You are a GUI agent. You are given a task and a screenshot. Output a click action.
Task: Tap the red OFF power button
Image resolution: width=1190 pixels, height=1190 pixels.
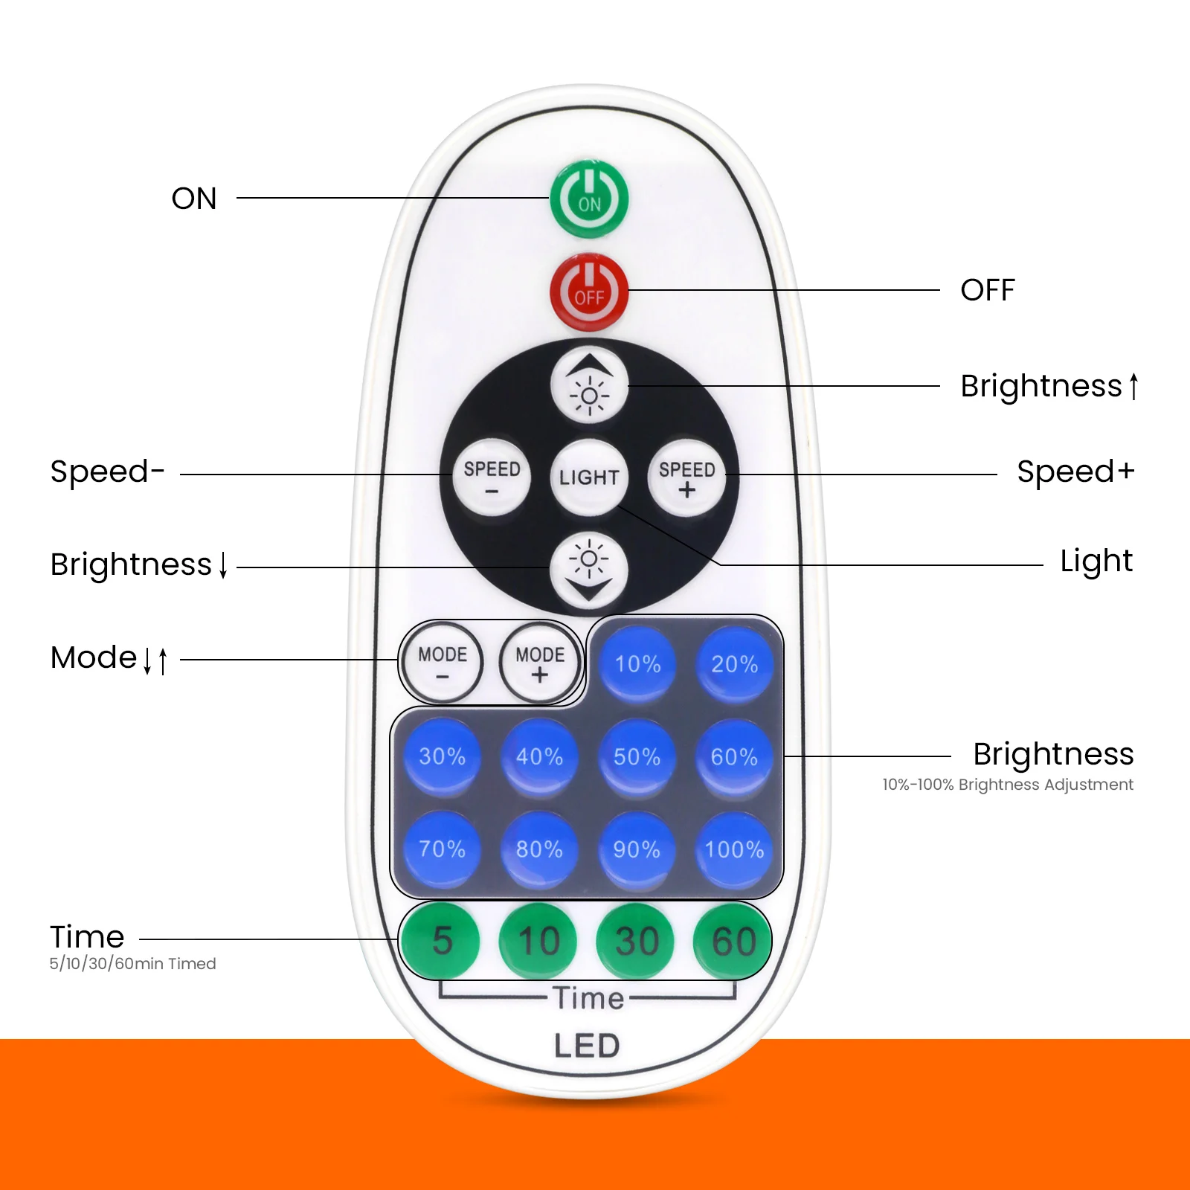pyautogui.click(x=589, y=292)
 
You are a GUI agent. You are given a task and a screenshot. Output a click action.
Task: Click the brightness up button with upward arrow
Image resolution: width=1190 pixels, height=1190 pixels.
pyautogui.click(x=589, y=385)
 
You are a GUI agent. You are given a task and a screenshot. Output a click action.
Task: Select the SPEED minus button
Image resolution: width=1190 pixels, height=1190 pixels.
pyautogui.click(x=492, y=477)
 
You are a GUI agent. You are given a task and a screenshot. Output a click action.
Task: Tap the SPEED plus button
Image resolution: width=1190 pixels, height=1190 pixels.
pyautogui.click(x=686, y=477)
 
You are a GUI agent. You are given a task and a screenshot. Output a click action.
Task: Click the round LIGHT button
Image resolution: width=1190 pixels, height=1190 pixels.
pyautogui.click(x=589, y=477)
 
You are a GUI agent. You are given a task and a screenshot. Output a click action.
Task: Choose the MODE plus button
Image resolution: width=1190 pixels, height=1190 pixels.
pyautogui.click(x=540, y=663)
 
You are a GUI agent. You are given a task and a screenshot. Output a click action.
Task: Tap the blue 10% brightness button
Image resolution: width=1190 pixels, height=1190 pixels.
pyautogui.click(x=637, y=663)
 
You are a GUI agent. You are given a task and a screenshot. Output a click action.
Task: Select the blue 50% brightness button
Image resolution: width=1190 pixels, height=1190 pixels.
pyautogui.click(x=637, y=756)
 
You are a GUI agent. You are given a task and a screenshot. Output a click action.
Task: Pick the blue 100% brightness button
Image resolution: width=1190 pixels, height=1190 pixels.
pyautogui.click(x=734, y=849)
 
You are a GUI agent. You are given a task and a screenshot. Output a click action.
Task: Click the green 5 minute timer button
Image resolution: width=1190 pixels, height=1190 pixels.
pyautogui.click(x=442, y=940)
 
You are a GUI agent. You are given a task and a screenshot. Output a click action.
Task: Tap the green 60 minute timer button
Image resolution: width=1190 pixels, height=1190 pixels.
pyautogui.click(x=733, y=940)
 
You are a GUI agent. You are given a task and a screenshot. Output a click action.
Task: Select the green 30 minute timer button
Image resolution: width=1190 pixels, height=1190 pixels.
pyautogui.click(x=637, y=940)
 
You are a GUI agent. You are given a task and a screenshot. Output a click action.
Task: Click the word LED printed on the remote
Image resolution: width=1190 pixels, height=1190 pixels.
pyautogui.click(x=587, y=1046)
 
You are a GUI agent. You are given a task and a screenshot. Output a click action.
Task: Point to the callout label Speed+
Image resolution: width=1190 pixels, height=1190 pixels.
pyautogui.click(x=1075, y=472)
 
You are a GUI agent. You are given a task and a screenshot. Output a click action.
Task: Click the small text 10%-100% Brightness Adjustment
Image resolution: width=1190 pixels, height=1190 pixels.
pyautogui.click(x=1008, y=785)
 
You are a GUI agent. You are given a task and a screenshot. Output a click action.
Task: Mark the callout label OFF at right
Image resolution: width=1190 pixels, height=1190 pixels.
pyautogui.click(x=987, y=290)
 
